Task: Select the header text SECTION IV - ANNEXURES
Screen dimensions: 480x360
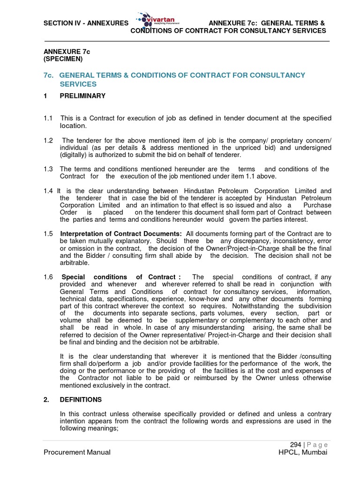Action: point(86,23)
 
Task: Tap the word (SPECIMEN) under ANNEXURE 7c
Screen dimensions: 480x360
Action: point(63,59)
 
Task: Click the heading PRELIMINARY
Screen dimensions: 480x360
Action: point(82,96)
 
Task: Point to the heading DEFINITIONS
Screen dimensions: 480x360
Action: point(81,400)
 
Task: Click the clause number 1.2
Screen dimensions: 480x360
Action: point(49,141)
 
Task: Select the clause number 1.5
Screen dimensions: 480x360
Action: point(49,233)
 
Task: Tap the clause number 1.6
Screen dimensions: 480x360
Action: point(49,277)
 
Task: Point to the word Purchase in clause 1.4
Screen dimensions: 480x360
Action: point(317,205)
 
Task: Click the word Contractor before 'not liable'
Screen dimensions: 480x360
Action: point(97,378)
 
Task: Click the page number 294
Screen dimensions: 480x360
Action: point(295,444)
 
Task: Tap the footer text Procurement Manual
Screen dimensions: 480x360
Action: point(77,452)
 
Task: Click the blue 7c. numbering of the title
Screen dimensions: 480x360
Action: point(49,75)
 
